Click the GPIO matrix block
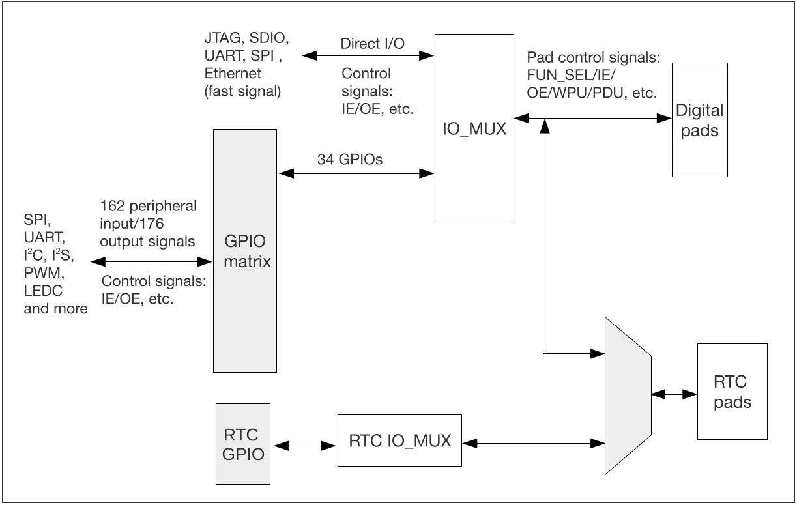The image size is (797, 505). pyautogui.click(x=245, y=251)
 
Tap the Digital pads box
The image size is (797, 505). pyautogui.click(x=699, y=120)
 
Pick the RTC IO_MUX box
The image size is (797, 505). pyautogui.click(x=399, y=440)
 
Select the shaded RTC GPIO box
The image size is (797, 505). pyautogui.click(x=242, y=444)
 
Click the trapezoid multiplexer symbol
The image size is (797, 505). pyautogui.click(x=627, y=395)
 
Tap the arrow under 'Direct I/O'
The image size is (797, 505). pyautogui.click(x=369, y=56)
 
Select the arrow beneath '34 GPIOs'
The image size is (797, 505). pyautogui.click(x=356, y=173)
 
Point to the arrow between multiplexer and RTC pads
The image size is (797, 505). pyautogui.click(x=674, y=394)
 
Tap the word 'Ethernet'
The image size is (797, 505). pyautogui.click(x=233, y=73)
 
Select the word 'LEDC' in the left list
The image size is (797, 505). pyautogui.click(x=42, y=291)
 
